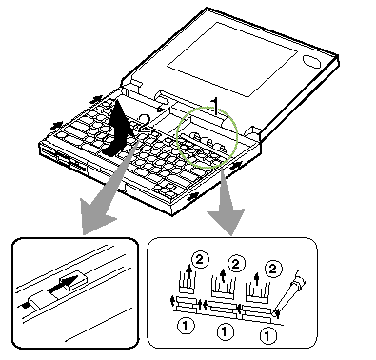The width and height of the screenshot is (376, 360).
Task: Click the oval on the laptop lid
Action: coord(311,61)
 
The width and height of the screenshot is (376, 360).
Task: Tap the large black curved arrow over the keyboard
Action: coord(118,130)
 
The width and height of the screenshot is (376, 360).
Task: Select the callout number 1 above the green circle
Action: coord(215,107)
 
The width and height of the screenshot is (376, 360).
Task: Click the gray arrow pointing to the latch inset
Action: coord(99,203)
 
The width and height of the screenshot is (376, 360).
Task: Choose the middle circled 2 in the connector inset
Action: coord(235,264)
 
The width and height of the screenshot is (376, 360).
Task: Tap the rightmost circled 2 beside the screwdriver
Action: coord(272,269)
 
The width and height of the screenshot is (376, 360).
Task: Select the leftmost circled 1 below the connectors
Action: coord(186,326)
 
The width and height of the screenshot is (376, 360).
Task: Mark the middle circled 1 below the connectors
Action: coord(225,331)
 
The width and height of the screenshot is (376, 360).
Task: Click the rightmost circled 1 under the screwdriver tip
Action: coord(267,335)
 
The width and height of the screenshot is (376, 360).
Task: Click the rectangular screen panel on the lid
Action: coord(232,59)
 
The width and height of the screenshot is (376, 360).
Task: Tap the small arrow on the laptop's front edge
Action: coord(193,197)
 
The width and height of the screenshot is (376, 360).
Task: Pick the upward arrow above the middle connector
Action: coord(223,275)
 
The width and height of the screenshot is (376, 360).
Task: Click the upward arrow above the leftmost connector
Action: coord(189,272)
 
